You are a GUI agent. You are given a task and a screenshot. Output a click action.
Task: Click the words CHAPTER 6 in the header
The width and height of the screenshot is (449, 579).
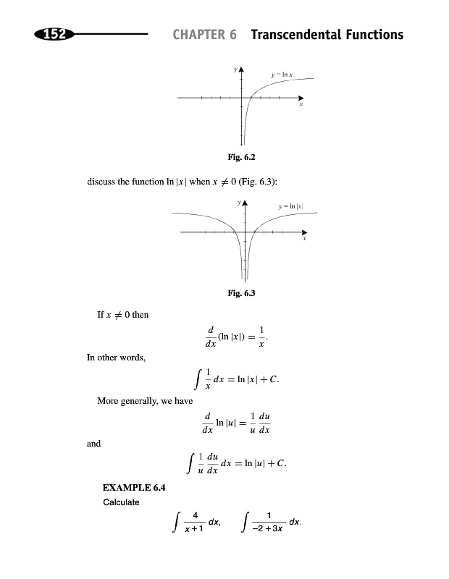(205, 35)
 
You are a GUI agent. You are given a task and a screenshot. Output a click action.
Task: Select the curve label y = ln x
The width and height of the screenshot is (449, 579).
(282, 74)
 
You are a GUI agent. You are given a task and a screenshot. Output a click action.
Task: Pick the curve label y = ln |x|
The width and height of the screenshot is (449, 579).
(291, 207)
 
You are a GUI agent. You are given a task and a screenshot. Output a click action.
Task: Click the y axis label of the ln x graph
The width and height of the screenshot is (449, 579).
(235, 69)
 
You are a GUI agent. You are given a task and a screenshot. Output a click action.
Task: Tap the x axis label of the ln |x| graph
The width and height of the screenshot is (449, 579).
(305, 239)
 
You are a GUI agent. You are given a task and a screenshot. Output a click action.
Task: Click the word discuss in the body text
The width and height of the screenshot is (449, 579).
(101, 182)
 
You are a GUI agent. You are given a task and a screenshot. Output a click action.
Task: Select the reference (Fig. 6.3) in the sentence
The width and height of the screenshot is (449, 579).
(254, 182)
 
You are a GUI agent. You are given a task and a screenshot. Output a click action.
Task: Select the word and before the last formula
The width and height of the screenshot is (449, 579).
(93, 444)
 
